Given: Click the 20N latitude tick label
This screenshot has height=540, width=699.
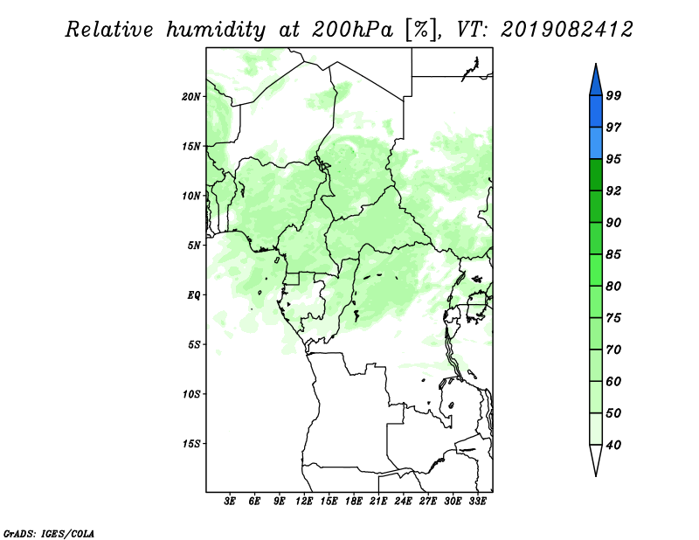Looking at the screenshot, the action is coord(191,97).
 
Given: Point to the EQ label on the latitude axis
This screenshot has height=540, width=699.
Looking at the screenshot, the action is coord(193,295).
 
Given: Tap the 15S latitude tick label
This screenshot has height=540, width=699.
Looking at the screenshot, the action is coord(191,444).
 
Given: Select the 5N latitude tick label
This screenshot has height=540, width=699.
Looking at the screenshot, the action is coord(194,246).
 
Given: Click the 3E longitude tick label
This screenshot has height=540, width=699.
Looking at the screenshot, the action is coord(230,502).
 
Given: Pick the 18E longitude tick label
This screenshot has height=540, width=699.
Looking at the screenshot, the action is coord(354,502).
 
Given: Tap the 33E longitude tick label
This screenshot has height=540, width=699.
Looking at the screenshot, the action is coord(477,502).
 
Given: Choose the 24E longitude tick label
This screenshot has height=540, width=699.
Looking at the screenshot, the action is coord(403,502).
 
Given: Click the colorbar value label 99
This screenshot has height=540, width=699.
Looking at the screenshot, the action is coord(613,95).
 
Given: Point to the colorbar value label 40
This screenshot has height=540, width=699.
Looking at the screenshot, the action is coord(613,445).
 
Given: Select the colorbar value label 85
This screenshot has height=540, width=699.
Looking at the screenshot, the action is coord(613,254).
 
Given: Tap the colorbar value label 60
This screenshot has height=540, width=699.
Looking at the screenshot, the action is coord(613,381).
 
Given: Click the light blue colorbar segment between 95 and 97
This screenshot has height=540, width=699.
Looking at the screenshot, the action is coord(596,143).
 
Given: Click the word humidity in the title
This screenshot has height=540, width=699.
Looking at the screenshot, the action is coord(216,31).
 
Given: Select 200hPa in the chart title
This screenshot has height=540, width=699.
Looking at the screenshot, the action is coord(352,30).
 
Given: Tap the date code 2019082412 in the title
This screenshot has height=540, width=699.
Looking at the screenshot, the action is coord(566,30).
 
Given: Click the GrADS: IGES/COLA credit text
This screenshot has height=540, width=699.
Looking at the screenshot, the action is coord(49,533).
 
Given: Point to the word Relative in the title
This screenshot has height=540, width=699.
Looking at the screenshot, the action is coord(109,30).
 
